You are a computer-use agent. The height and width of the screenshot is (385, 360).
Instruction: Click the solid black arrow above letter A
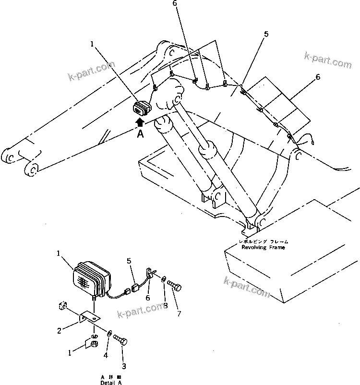pos(140,122)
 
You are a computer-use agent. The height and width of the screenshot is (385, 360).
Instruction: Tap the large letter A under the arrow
pos(141,135)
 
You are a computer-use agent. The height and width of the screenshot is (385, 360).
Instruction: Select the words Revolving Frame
pos(263,248)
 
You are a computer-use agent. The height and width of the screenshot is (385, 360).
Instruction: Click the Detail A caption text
pos(111,380)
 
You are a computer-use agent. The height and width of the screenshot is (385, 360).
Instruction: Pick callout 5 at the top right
pos(266,35)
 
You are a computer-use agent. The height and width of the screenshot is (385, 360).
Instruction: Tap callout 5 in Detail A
pos(129,261)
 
